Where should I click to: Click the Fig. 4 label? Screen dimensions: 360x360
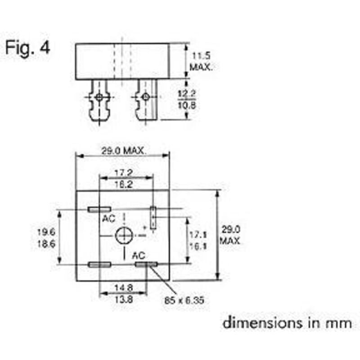coord(28,48)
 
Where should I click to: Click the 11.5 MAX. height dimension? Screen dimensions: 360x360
coord(201,62)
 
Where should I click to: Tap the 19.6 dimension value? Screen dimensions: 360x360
coord(46,232)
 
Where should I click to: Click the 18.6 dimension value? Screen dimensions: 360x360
coord(46,243)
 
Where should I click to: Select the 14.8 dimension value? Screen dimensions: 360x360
coord(123,287)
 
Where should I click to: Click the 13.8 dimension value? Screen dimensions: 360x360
coord(123,298)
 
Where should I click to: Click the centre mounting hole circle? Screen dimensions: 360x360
coord(123,235)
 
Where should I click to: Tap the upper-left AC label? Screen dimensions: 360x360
coord(108,219)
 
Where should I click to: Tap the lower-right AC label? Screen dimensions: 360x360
coord(139,255)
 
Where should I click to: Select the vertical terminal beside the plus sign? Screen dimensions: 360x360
coord(153,218)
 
